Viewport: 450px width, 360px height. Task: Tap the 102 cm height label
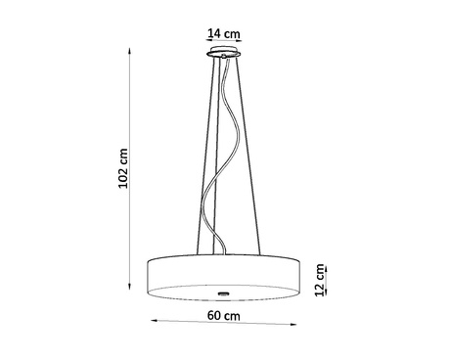click(x=123, y=171)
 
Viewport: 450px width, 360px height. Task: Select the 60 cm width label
click(x=225, y=316)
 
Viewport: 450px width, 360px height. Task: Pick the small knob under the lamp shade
click(x=224, y=293)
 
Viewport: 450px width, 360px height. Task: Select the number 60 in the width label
click(x=217, y=316)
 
